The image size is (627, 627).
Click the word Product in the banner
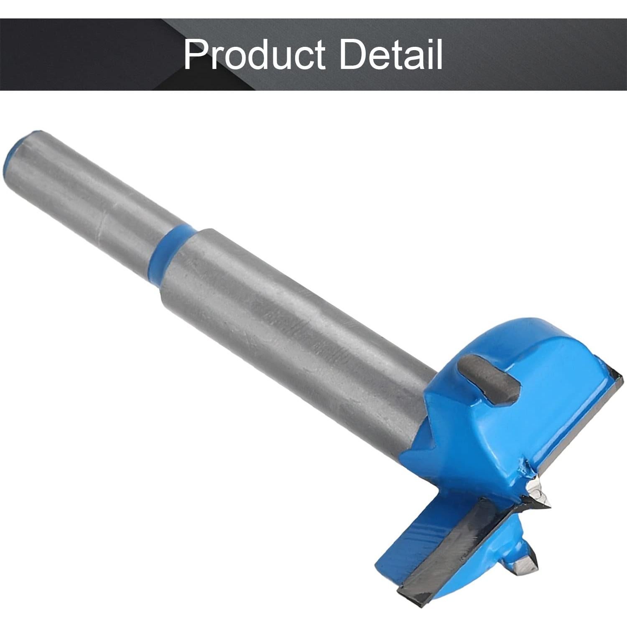[254, 54]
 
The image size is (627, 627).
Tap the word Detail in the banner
[391, 54]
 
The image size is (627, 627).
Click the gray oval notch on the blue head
[489, 378]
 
